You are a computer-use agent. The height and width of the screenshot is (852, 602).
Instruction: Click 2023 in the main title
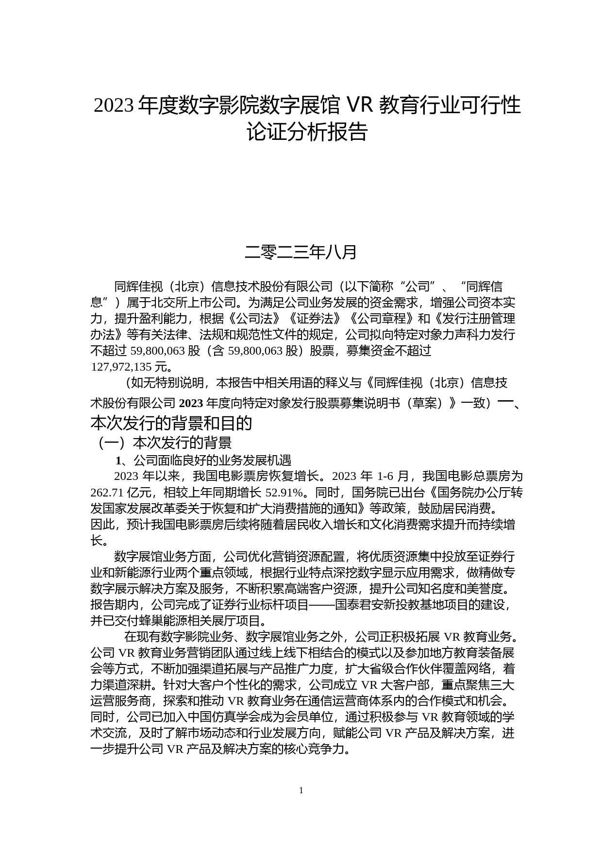[114, 105]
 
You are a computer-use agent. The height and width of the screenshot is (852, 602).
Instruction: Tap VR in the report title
[359, 104]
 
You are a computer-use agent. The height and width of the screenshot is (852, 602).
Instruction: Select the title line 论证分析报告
[307, 132]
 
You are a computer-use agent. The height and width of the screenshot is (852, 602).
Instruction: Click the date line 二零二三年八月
[301, 252]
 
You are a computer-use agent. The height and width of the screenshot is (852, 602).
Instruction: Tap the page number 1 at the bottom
[301, 790]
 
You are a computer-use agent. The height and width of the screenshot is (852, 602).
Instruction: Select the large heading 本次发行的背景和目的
[171, 423]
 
